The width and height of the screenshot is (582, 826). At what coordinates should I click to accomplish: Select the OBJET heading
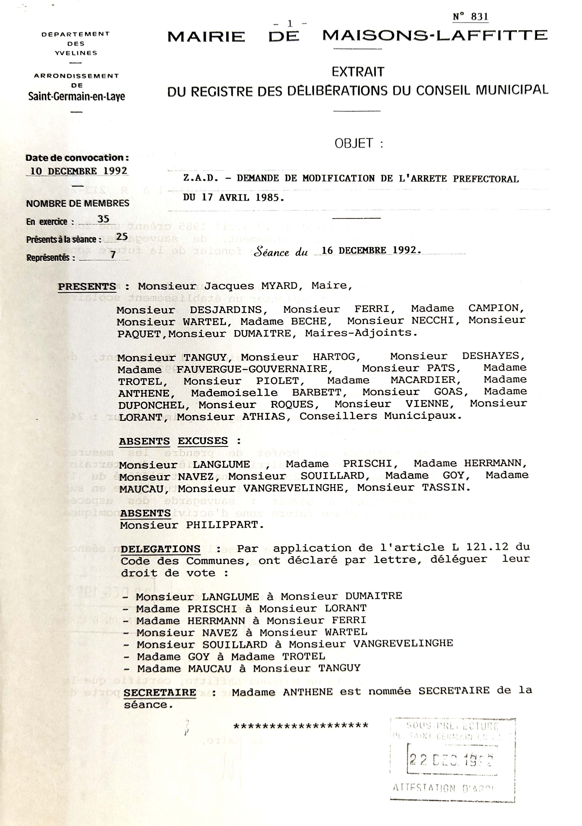tap(354, 143)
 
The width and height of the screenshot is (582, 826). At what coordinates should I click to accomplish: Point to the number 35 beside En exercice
tap(103, 219)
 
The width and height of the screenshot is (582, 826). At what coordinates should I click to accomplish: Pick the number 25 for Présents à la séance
tap(122, 236)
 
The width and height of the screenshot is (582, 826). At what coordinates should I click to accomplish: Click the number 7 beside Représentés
tap(113, 255)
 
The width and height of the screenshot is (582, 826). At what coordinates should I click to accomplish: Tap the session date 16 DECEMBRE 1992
tap(371, 250)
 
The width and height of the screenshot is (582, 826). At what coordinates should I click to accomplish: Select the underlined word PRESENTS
tap(87, 287)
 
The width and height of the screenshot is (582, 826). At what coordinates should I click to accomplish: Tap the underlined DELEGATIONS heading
tap(160, 549)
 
